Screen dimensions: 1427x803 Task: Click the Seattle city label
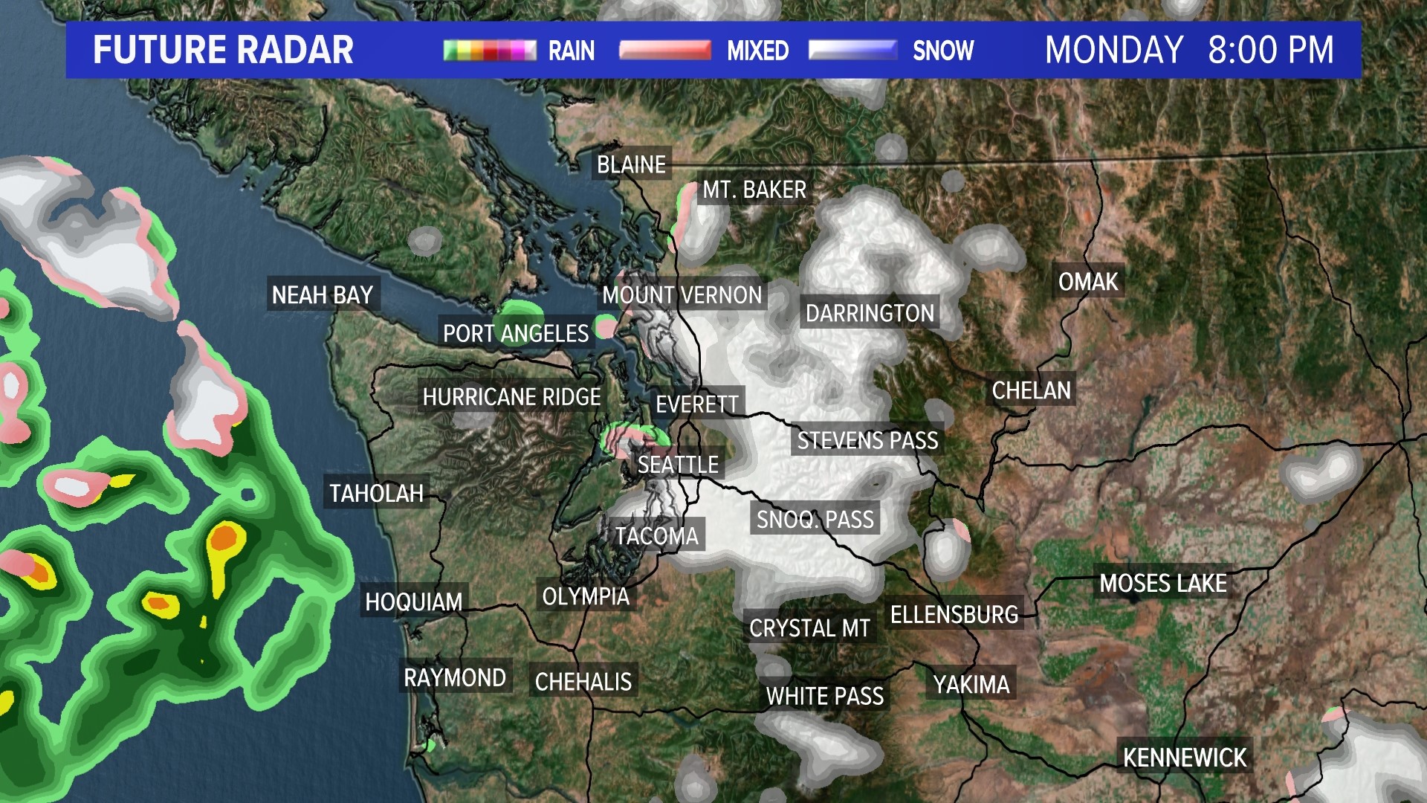[678, 465]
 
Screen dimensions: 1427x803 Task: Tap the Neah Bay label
[323, 295]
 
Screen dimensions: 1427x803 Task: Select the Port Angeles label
[516, 333]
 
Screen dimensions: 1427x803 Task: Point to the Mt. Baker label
[754, 190]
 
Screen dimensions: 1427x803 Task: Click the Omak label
[1088, 282]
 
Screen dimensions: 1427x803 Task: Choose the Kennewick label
[1185, 758]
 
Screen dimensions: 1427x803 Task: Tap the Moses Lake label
[1163, 584]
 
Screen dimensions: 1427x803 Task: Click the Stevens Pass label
[867, 441]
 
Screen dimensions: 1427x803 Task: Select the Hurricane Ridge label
[512, 397]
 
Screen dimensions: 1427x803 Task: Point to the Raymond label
[455, 678]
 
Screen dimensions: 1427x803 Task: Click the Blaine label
[632, 164]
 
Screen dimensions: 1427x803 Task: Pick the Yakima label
[971, 684]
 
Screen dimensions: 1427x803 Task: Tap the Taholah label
[377, 493]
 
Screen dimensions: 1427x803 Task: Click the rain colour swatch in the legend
[490, 50]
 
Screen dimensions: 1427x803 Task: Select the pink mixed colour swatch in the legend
[665, 50]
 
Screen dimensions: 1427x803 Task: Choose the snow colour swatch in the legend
[852, 50]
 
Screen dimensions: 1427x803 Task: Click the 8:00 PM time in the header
[1271, 50]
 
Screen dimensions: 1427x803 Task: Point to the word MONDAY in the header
[1114, 50]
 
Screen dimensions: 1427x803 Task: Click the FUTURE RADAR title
[223, 50]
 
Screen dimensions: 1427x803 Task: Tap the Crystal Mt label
[809, 628]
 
